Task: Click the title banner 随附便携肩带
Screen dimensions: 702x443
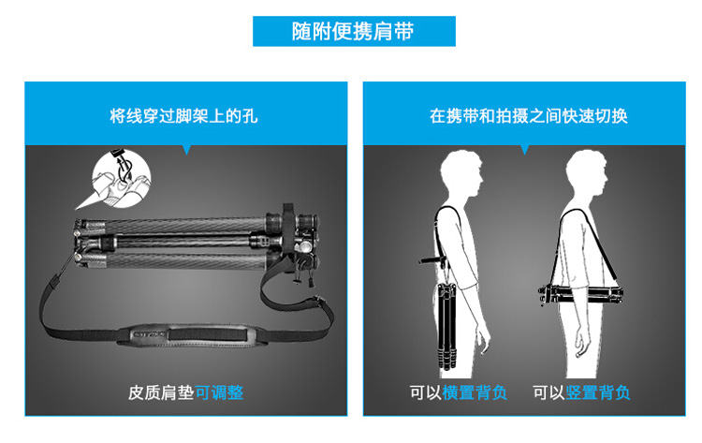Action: pyautogui.click(x=354, y=31)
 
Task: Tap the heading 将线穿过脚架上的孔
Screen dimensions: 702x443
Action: pyautogui.click(x=184, y=116)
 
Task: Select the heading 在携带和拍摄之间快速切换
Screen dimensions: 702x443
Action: pyautogui.click(x=528, y=116)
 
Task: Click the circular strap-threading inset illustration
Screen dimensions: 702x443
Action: pyautogui.click(x=121, y=178)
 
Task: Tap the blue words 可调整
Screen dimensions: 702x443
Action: pyautogui.click(x=219, y=392)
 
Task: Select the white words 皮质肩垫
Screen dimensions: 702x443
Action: pyautogui.click(x=161, y=392)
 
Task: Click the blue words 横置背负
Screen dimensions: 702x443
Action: pyautogui.click(x=475, y=392)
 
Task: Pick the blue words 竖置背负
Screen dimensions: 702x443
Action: pyautogui.click(x=598, y=392)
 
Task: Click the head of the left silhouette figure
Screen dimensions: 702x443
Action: pyautogui.click(x=461, y=172)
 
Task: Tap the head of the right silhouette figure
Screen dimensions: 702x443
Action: pyautogui.click(x=586, y=172)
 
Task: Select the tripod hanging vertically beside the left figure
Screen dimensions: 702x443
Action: pyautogui.click(x=446, y=325)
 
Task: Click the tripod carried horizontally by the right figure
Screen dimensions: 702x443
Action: pyautogui.click(x=580, y=294)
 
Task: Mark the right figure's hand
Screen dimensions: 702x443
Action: pyautogui.click(x=581, y=344)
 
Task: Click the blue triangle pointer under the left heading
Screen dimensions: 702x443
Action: pyautogui.click(x=186, y=150)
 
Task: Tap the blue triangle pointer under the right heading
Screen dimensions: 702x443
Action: pyautogui.click(x=525, y=150)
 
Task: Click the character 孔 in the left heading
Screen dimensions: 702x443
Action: pyautogui.click(x=250, y=116)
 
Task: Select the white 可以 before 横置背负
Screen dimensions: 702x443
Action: pyautogui.click(x=425, y=392)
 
